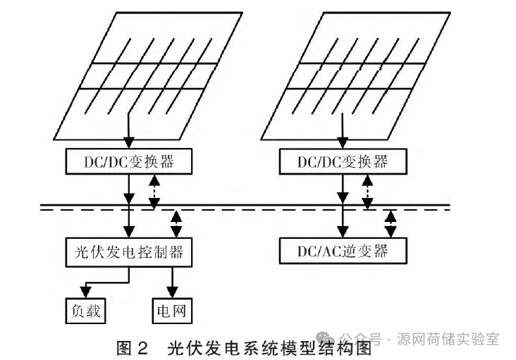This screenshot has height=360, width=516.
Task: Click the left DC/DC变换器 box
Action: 129,162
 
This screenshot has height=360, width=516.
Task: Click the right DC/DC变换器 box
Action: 343,162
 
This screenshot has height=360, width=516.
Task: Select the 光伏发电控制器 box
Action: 129,251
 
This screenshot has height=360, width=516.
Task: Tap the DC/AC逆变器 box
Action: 343,249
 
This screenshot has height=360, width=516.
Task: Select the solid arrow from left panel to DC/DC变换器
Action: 129,130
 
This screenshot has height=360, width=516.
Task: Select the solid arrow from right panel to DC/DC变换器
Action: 343,130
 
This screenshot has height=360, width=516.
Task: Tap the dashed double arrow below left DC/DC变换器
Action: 154,192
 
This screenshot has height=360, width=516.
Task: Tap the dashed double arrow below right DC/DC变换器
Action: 367,192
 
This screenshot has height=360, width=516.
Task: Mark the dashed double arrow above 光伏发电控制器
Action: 176,223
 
